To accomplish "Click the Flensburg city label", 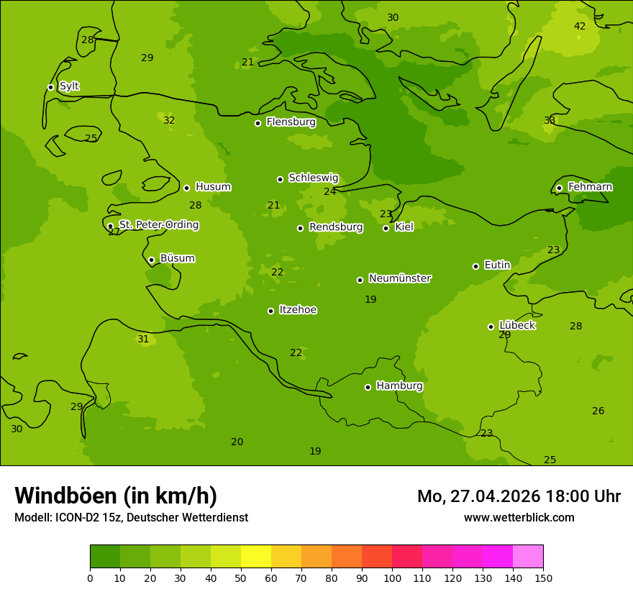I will pyautogui.click(x=291, y=122).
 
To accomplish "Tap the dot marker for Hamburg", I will pyautogui.click(x=368, y=387).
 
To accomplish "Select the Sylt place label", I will pyautogui.click(x=69, y=86).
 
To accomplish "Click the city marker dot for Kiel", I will pyautogui.click(x=386, y=228).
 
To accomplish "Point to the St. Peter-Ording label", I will pyautogui.click(x=159, y=225).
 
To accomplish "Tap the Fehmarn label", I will pyautogui.click(x=590, y=187).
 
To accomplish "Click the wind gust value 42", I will pyautogui.click(x=580, y=27).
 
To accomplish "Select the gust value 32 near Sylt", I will pyautogui.click(x=169, y=121).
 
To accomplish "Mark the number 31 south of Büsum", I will pyautogui.click(x=143, y=339).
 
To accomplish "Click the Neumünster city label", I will pyautogui.click(x=400, y=278).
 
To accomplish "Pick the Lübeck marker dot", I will pyautogui.click(x=491, y=327).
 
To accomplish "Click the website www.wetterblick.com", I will pyautogui.click(x=519, y=518).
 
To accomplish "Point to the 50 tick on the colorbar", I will pyautogui.click(x=241, y=578).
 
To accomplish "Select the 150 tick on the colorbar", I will pyautogui.click(x=543, y=578).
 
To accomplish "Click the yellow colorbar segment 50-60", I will pyautogui.click(x=256, y=557).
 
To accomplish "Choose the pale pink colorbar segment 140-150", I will pyautogui.click(x=528, y=557).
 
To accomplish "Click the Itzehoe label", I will pyautogui.click(x=298, y=310).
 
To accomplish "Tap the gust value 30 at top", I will pyautogui.click(x=393, y=18).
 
